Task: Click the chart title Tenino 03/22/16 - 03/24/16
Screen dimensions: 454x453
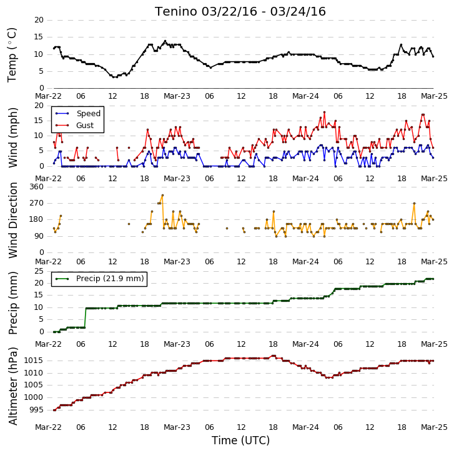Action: (x=240, y=12)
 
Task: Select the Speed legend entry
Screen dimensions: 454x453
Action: (x=78, y=114)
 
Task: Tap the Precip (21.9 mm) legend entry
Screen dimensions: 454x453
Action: (x=99, y=279)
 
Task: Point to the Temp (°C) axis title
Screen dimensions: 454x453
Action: (x=12, y=55)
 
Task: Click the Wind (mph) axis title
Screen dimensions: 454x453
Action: (x=12, y=137)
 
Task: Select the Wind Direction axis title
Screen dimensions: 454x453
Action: (x=12, y=220)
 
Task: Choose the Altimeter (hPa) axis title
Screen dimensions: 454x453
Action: (x=12, y=386)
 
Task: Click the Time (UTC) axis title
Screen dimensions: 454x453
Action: (x=240, y=441)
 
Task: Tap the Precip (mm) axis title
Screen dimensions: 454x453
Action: (x=12, y=303)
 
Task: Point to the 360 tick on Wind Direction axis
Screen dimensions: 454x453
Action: (x=36, y=187)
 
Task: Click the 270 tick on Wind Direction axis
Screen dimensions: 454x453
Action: (x=36, y=203)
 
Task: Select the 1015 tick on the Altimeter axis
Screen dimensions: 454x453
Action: (x=33, y=361)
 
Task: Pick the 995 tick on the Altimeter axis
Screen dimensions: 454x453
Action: (x=36, y=410)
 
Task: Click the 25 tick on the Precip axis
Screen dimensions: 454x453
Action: (x=39, y=271)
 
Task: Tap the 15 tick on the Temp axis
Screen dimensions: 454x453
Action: (x=39, y=37)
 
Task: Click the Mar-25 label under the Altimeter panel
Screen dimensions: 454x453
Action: (x=434, y=427)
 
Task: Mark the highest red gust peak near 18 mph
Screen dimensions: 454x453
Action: (x=324, y=112)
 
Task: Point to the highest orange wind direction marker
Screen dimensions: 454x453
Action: (x=162, y=195)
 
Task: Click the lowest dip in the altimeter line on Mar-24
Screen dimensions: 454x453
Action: (x=329, y=377)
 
